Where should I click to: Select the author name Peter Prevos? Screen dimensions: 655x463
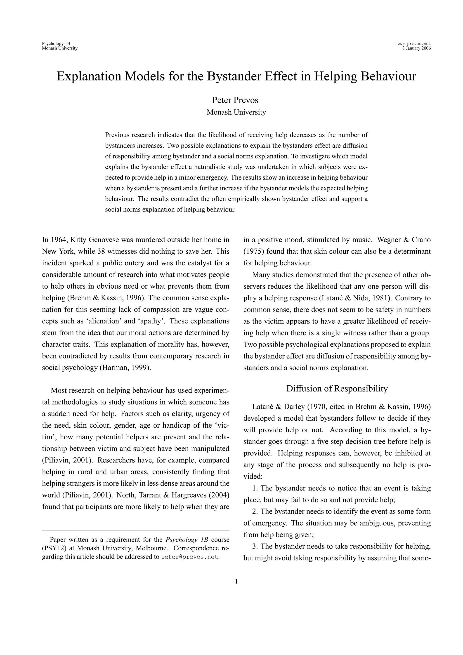pos(235,100)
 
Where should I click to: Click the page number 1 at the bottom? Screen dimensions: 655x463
pos(236,581)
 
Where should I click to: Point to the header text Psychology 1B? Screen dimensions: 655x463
pos(56,44)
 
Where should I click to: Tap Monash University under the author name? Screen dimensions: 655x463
pos(236,112)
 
